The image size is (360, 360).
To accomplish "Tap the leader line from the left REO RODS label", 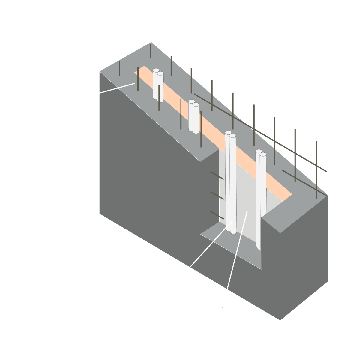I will tap(112, 89).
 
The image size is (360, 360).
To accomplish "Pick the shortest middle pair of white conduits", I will tap(194, 117).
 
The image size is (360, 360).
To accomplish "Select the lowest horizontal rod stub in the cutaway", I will tap(217, 215).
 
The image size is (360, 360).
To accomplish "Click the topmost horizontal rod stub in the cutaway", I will tap(217, 175).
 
